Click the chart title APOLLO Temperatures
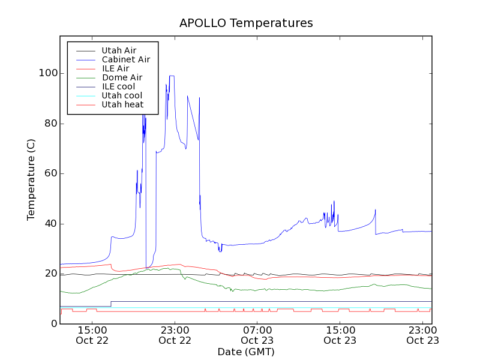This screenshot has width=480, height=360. [x=246, y=23]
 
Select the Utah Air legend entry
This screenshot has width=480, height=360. [x=119, y=50]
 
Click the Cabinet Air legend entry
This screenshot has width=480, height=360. [x=125, y=59]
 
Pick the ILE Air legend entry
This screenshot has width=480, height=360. [x=115, y=68]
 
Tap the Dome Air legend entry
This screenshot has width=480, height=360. [x=122, y=77]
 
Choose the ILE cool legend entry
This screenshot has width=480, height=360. [x=118, y=86]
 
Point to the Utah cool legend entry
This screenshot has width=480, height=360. [x=122, y=95]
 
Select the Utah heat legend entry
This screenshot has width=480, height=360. [x=122, y=104]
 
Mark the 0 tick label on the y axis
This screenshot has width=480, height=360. [x=53, y=324]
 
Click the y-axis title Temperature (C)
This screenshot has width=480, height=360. [x=31, y=179]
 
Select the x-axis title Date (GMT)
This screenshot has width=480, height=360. [x=246, y=352]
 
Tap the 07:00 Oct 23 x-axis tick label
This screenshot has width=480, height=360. [x=257, y=335]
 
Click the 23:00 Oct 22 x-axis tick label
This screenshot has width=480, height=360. [x=175, y=335]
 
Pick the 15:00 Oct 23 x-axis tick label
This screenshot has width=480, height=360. [x=340, y=335]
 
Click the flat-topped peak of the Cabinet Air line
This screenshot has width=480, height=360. [x=172, y=76]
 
